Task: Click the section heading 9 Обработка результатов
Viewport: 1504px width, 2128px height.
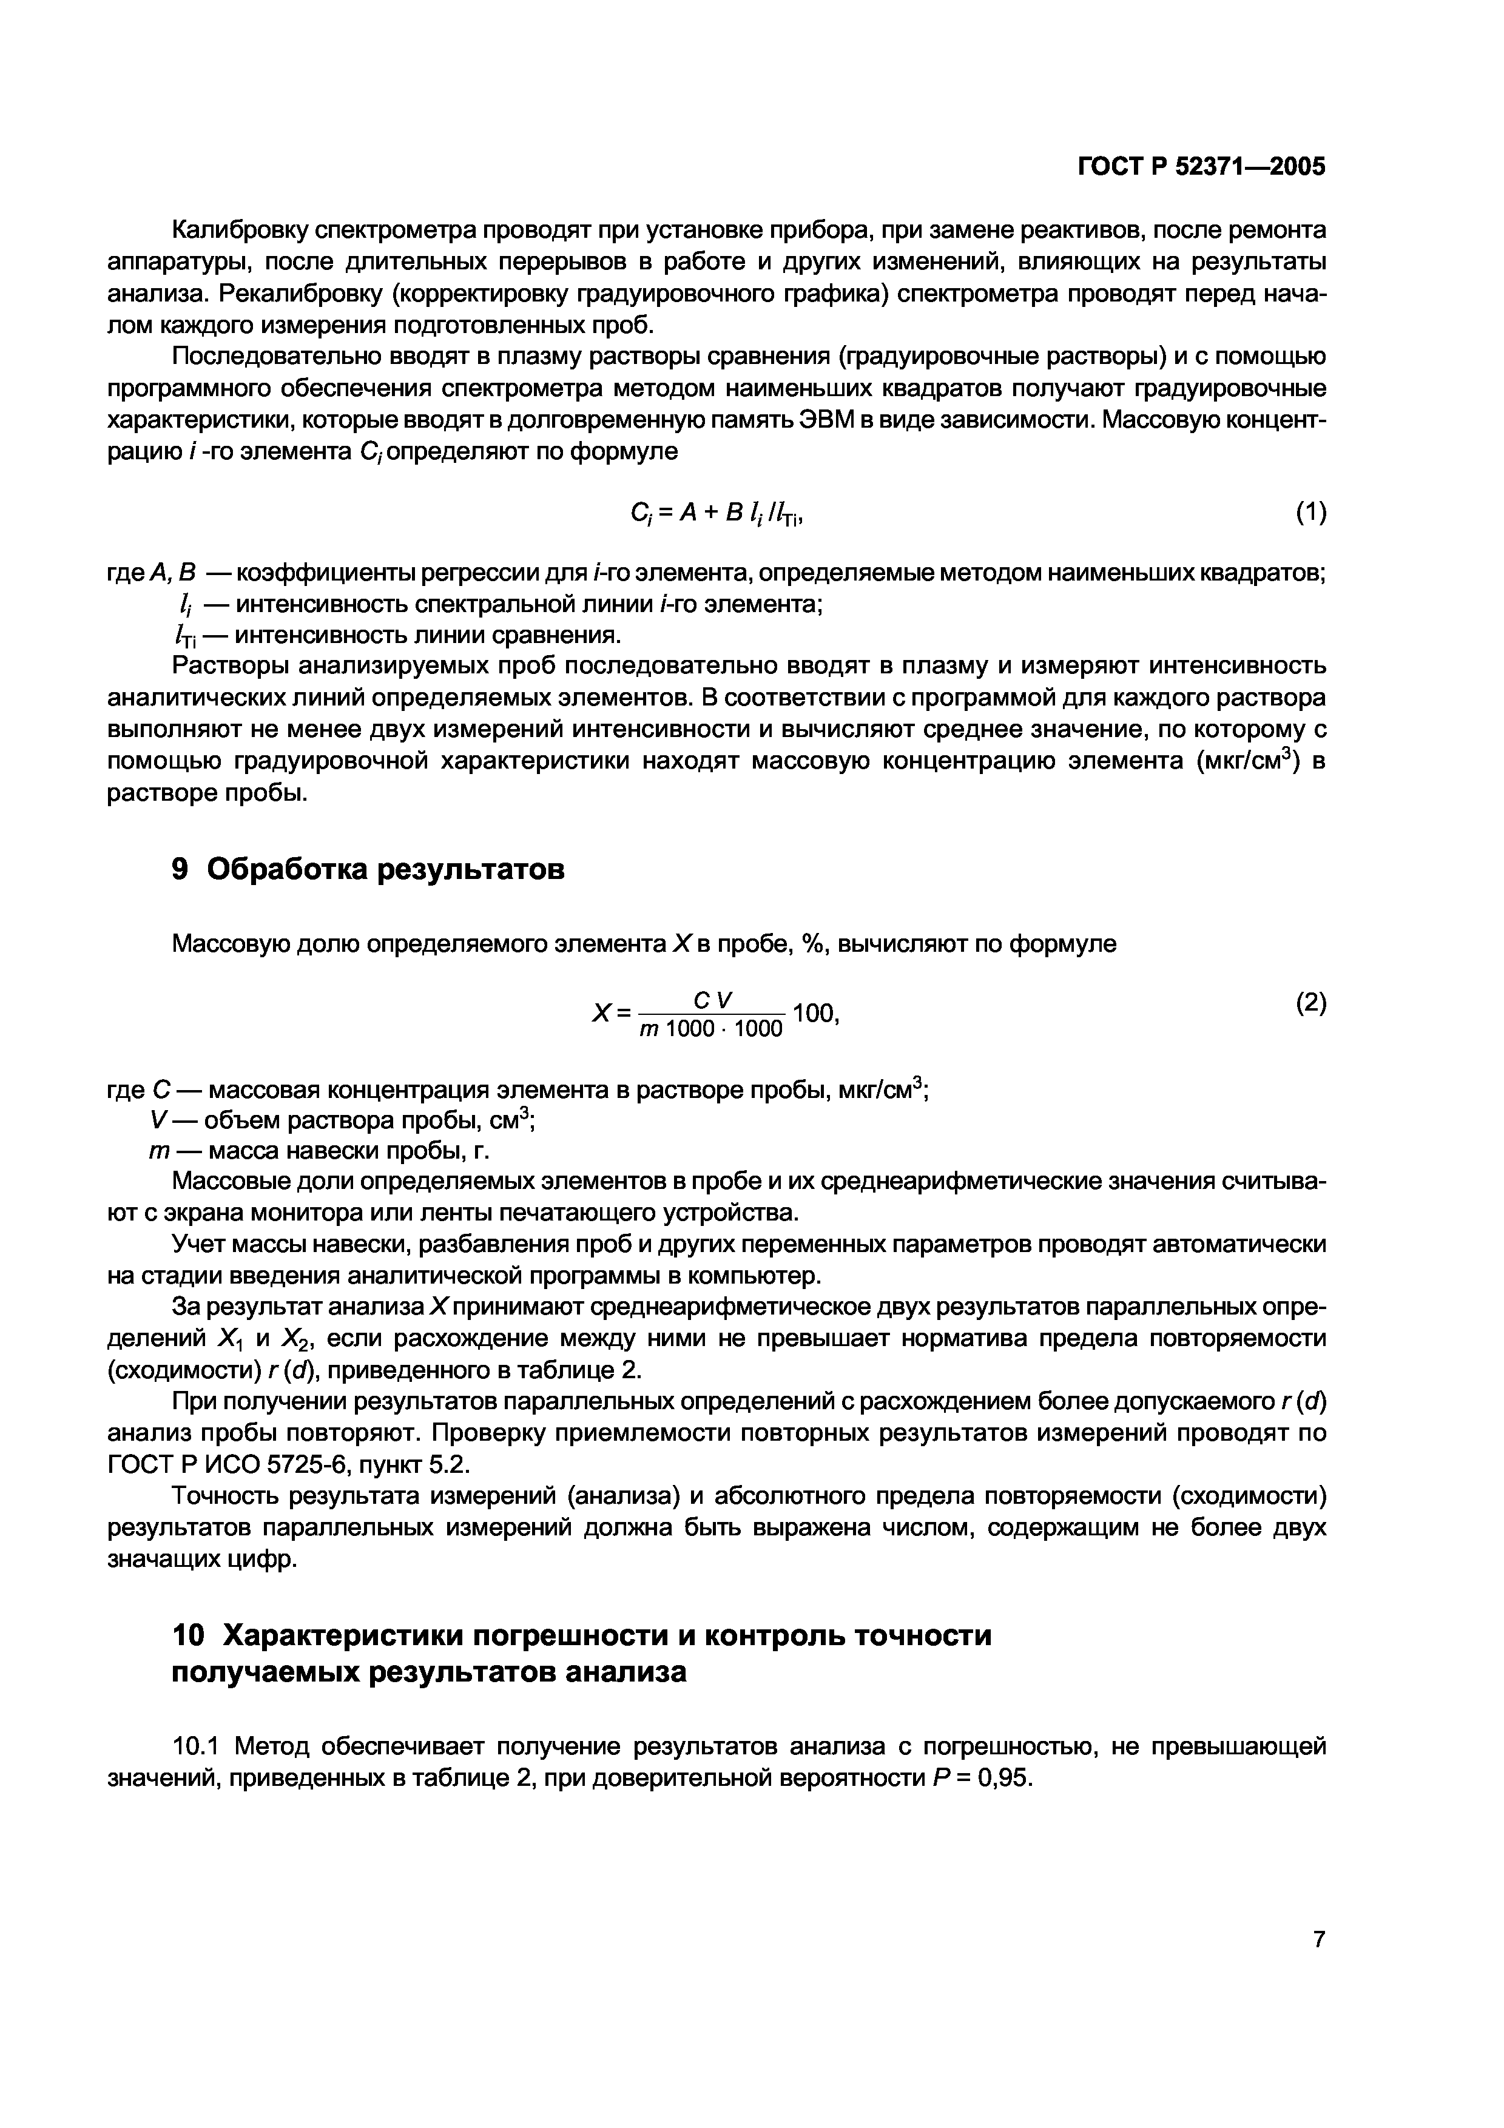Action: [x=368, y=869]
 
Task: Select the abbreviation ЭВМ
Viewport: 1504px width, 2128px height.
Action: [x=831, y=420]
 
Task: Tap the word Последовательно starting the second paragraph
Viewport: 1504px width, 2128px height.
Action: [x=269, y=357]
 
